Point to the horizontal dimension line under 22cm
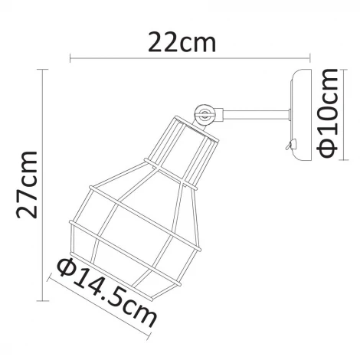click(x=191, y=57)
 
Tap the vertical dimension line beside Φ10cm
click(x=316, y=115)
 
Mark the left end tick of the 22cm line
click(x=70, y=57)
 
